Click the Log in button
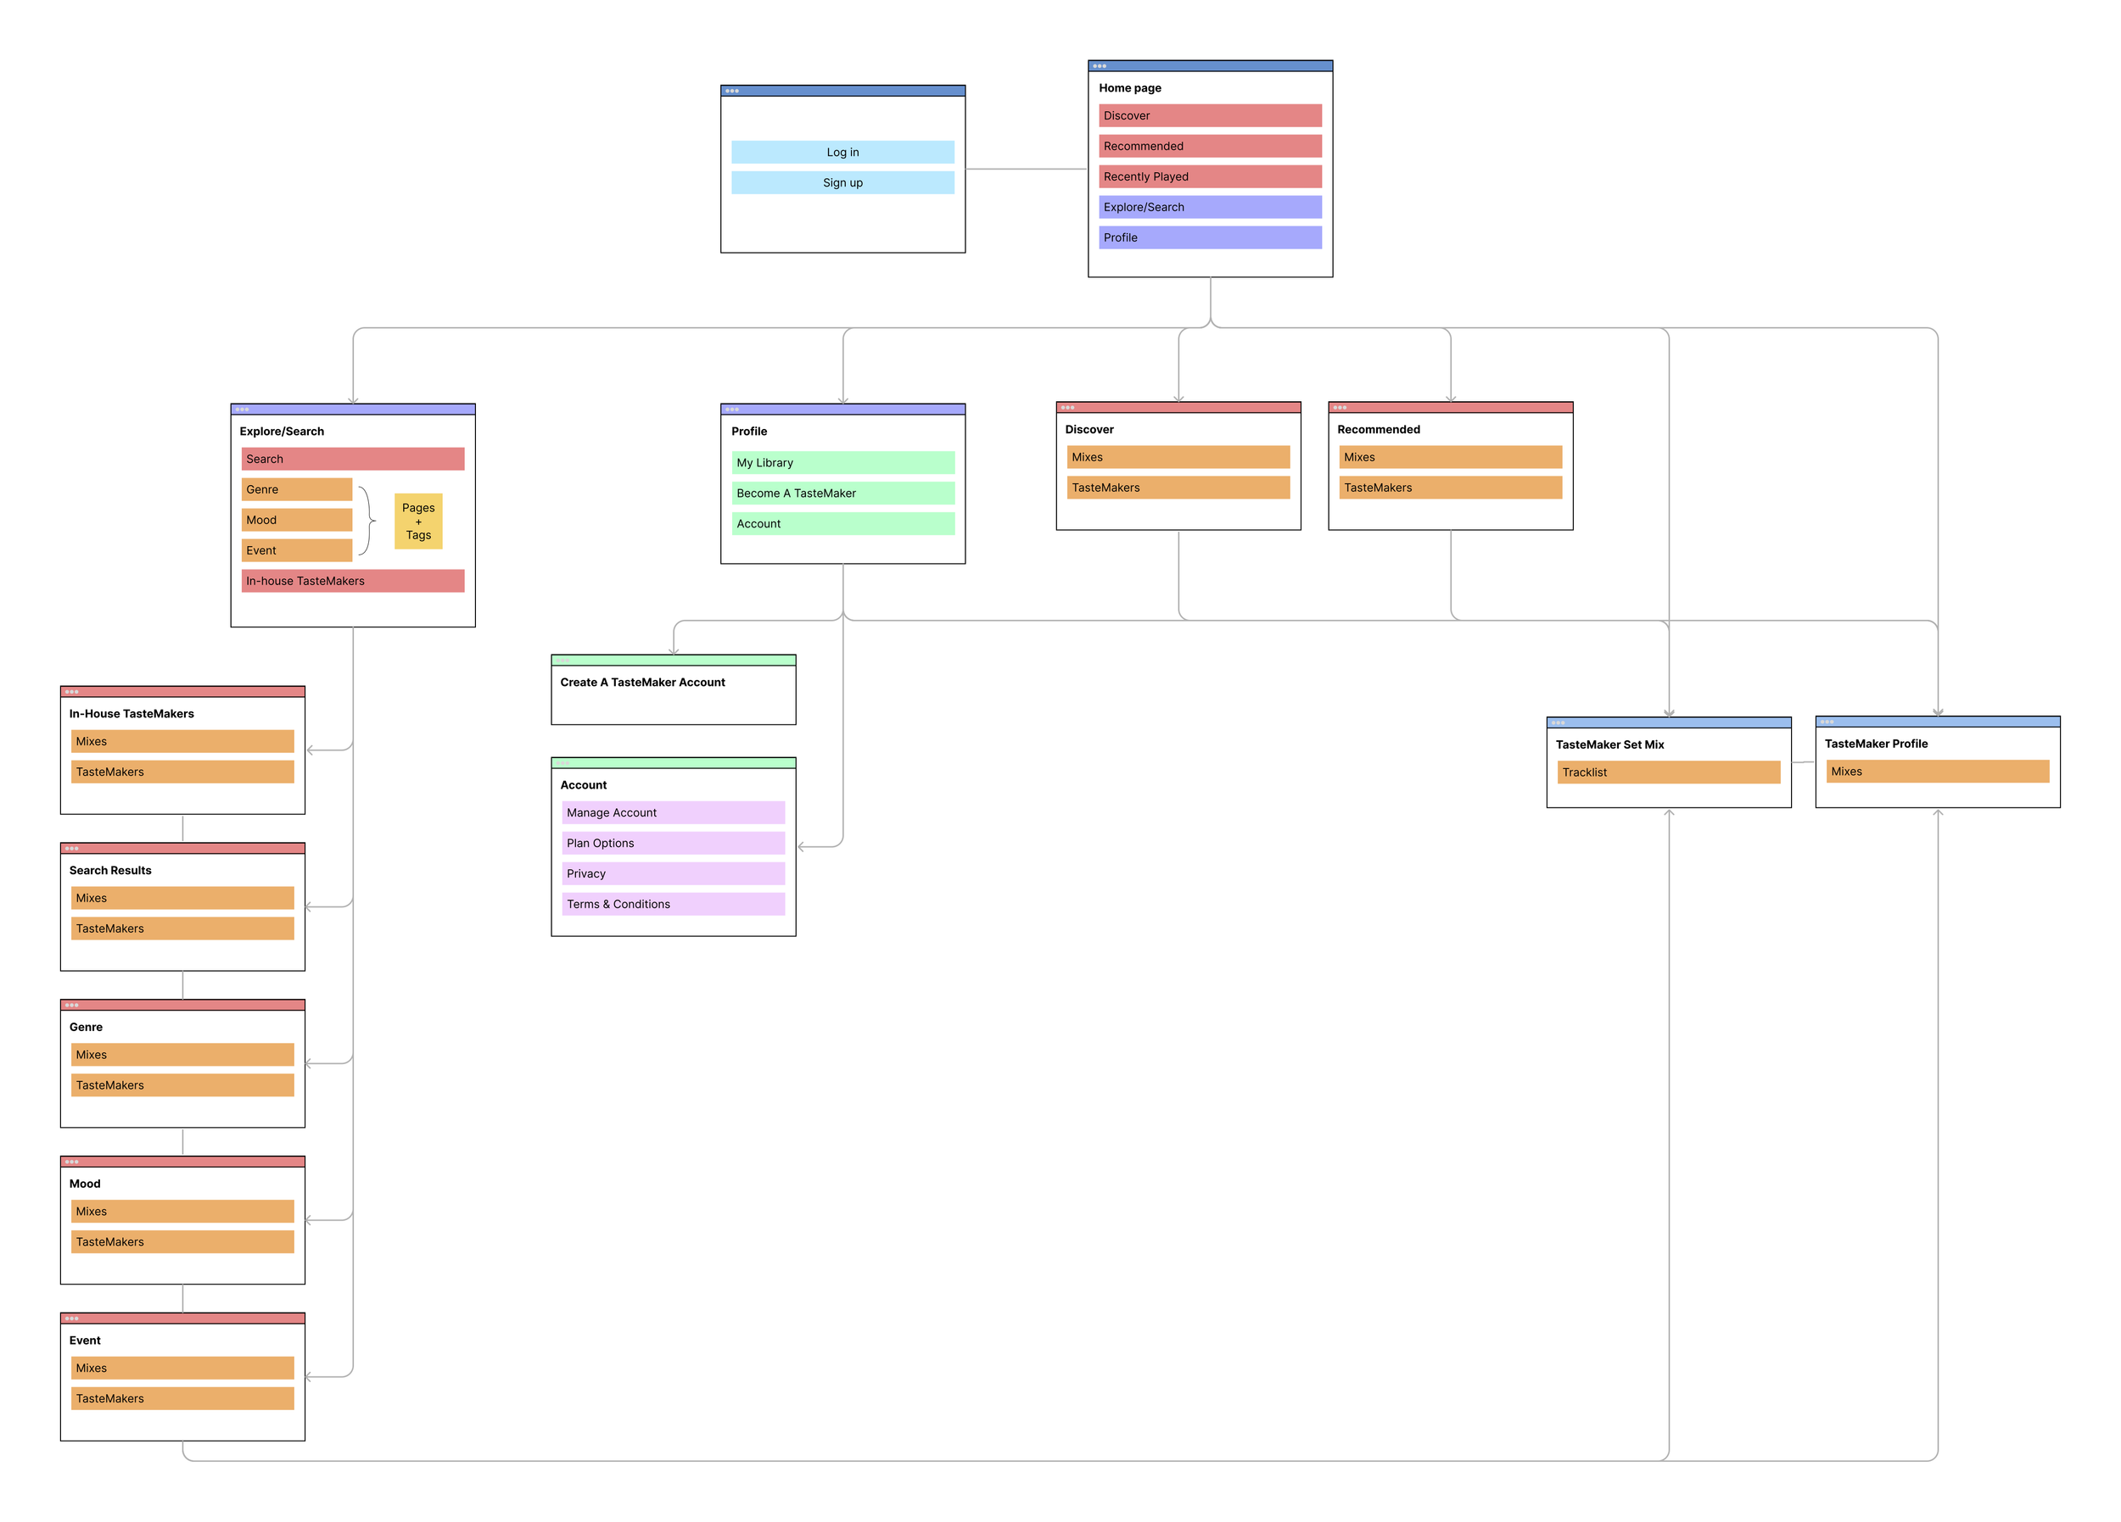pos(842,153)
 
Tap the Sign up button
pos(842,183)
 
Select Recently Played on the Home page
pos(1209,176)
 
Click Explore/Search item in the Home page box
pos(1209,208)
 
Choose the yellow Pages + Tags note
pos(418,521)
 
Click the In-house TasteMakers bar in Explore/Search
pos(353,582)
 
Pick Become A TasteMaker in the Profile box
pos(842,493)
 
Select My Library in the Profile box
pos(842,463)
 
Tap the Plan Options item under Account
pos(673,844)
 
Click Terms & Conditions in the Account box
pos(673,904)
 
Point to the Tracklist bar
pos(1667,772)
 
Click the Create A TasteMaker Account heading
pos(642,683)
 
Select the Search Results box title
pos(110,871)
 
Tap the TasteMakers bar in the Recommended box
pos(1450,488)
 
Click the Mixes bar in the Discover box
pos(1178,457)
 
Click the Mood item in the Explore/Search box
pos(296,520)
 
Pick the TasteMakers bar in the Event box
pos(182,1398)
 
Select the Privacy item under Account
pos(673,874)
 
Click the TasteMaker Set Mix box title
pos(1609,745)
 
